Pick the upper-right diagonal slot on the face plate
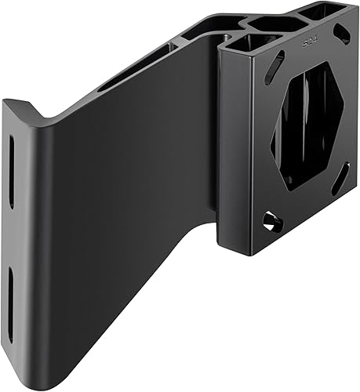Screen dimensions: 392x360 click(343, 33)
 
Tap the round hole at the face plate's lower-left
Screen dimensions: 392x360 click(272, 221)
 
